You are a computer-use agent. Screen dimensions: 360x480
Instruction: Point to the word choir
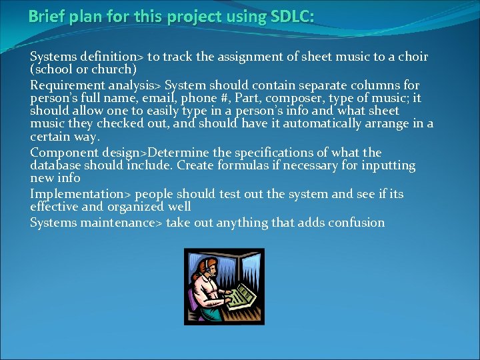pyautogui.click(x=413, y=57)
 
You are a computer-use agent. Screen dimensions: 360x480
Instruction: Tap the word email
pyautogui.click(x=138, y=98)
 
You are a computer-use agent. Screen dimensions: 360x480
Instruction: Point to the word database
pyautogui.click(x=55, y=165)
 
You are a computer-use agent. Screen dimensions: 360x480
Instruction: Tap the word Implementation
pyautogui.click(x=73, y=194)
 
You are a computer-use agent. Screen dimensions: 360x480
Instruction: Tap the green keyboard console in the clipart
pyautogui.click(x=241, y=293)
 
